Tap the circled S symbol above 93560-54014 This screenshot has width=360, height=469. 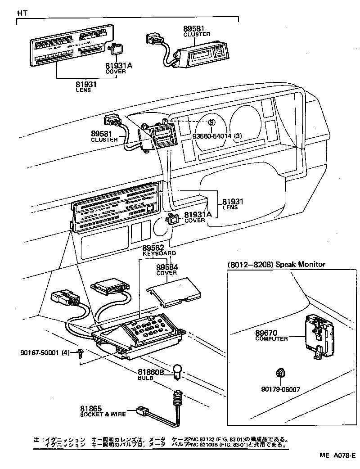[x=211, y=122]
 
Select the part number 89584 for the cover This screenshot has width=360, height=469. [x=167, y=267]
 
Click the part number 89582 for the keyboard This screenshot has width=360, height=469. [x=153, y=248]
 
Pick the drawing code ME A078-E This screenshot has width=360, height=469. [x=338, y=455]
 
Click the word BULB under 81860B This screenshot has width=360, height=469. [x=145, y=378]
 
